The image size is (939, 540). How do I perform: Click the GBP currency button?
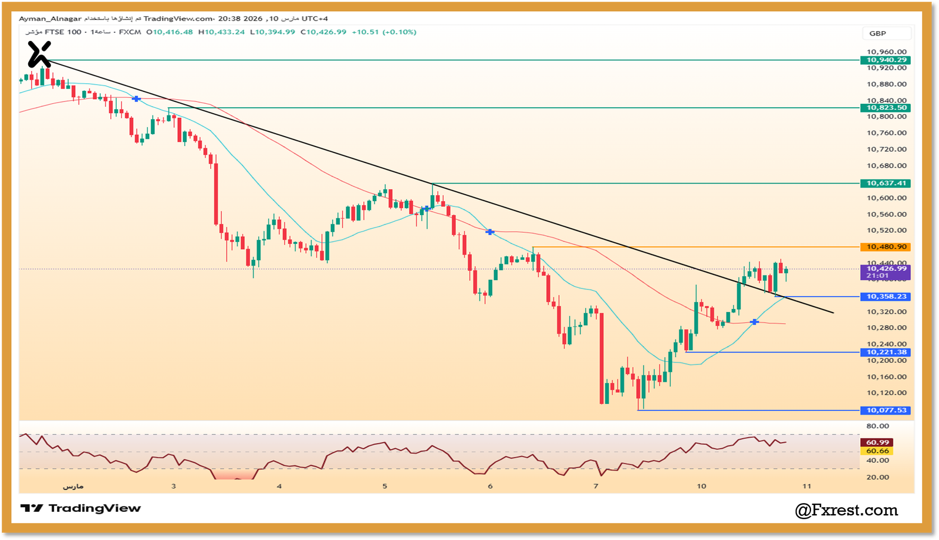click(878, 33)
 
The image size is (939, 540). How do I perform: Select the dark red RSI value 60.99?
click(877, 443)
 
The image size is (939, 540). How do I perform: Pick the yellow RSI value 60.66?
click(877, 451)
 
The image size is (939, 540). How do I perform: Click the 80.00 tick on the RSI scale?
click(877, 426)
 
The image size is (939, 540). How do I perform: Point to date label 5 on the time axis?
click(385, 486)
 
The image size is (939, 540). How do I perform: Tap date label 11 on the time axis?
click(807, 486)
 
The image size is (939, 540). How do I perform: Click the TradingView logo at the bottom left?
click(81, 508)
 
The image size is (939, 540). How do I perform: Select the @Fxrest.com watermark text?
click(846, 511)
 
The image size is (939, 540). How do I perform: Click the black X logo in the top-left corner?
click(39, 55)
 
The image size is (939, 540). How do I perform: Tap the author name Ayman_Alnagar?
click(50, 19)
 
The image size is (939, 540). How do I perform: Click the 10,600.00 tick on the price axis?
click(886, 198)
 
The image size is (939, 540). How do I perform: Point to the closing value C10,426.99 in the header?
click(323, 32)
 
